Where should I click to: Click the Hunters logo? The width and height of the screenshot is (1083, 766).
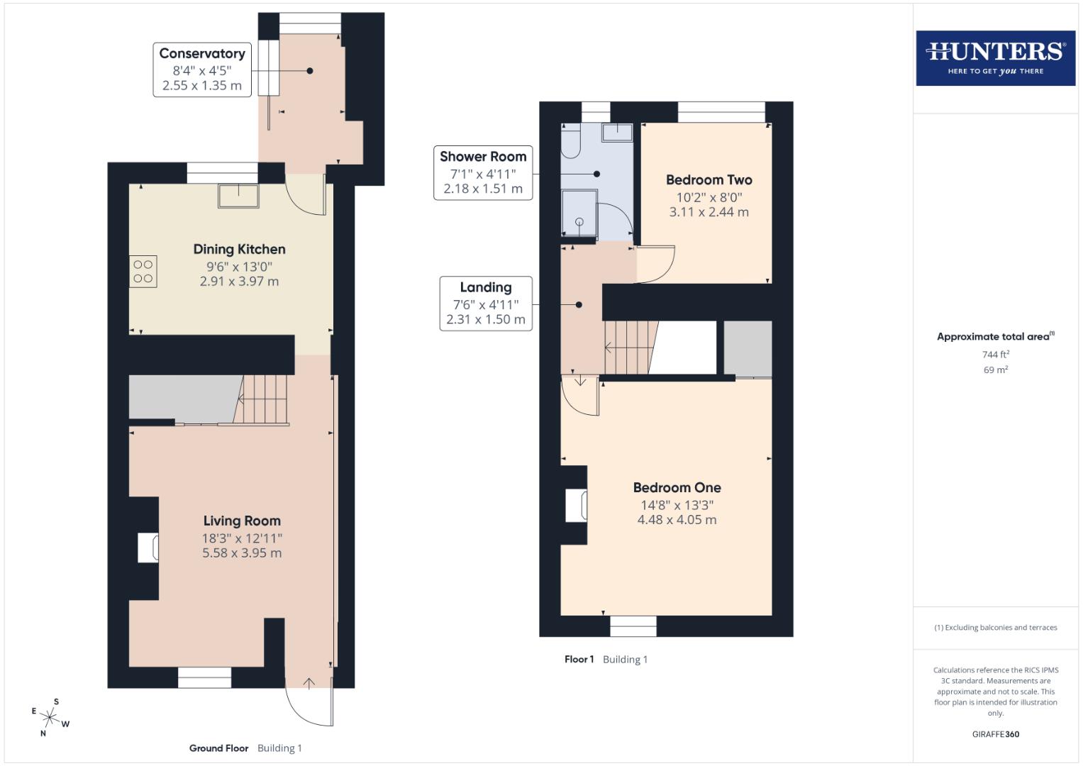[995, 57]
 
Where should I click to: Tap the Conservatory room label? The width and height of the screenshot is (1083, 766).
[201, 54]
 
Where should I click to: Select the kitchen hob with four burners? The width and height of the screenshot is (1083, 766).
[143, 272]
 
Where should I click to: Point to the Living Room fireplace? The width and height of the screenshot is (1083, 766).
[148, 548]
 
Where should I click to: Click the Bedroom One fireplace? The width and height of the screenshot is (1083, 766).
[575, 506]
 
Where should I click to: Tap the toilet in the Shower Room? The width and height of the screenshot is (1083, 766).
[570, 142]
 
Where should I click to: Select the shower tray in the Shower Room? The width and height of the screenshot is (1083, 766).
[579, 213]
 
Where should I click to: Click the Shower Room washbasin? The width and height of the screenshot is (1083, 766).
[618, 132]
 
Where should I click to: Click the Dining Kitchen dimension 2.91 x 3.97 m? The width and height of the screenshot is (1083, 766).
[239, 282]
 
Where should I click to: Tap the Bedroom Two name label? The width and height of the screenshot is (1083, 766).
[709, 180]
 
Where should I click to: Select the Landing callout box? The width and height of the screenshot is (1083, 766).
[485, 304]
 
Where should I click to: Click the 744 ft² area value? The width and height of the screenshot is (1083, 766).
[995, 355]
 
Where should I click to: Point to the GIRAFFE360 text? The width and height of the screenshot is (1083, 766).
[995, 734]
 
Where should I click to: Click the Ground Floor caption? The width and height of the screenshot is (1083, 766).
[218, 748]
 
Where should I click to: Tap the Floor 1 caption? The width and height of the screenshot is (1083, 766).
[579, 660]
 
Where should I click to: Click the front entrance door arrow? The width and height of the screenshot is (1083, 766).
[309, 683]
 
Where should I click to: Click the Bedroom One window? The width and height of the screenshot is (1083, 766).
[633, 626]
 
